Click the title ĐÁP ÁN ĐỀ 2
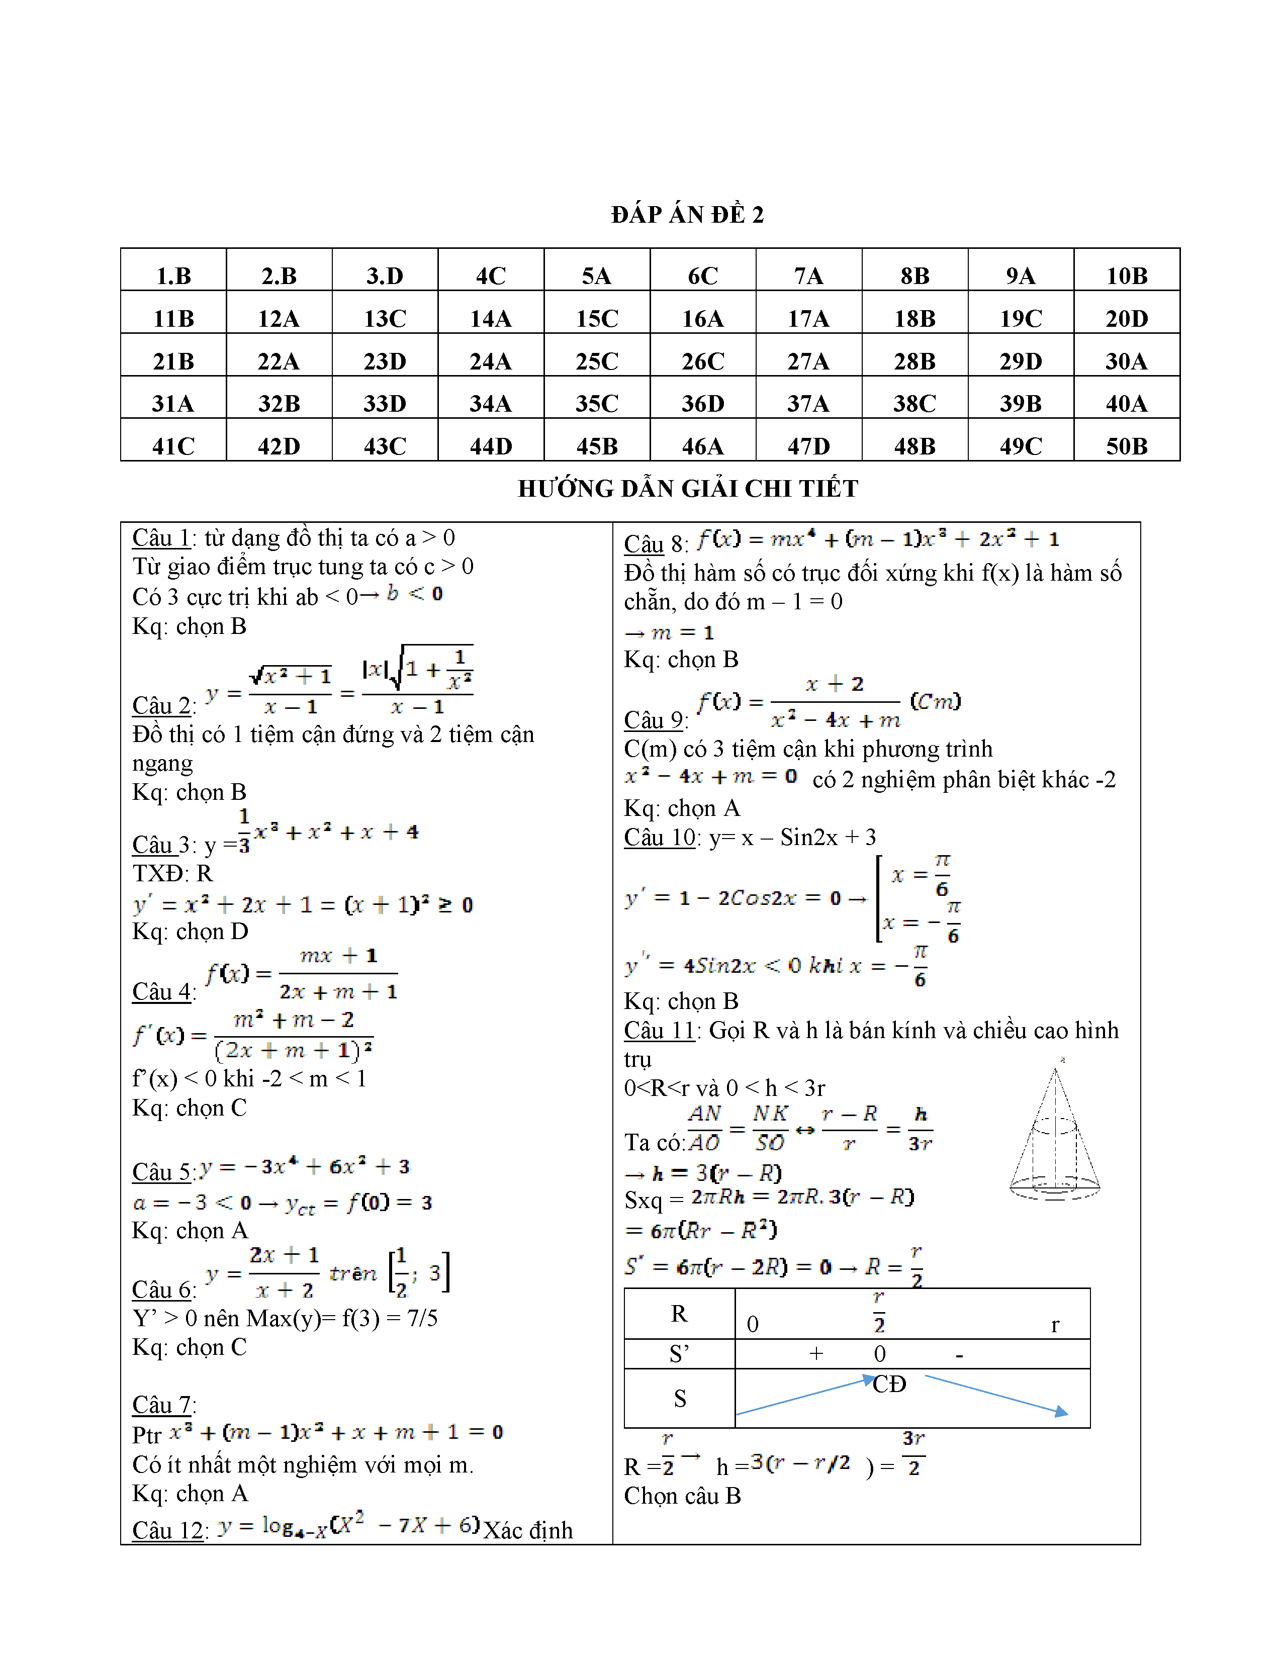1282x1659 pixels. tap(687, 215)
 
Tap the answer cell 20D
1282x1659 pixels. tap(1126, 318)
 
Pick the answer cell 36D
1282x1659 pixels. tap(702, 403)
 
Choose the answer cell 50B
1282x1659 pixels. tap(1126, 446)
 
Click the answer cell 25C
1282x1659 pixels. tap(597, 361)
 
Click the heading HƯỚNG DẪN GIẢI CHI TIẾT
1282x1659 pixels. tap(687, 489)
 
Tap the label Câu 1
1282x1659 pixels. tap(161, 538)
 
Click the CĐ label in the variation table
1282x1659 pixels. tap(889, 1384)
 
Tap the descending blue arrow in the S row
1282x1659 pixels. tap(995, 1396)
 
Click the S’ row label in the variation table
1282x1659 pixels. tap(679, 1354)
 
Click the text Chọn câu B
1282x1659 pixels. tap(682, 1496)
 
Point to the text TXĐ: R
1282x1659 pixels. tap(172, 874)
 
